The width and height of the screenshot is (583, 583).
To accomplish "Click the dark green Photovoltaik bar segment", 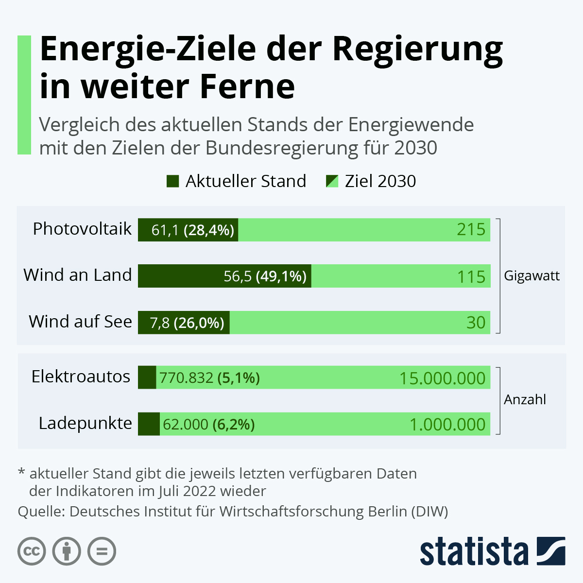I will (188, 230).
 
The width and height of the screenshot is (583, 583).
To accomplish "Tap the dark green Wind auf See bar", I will (184, 323).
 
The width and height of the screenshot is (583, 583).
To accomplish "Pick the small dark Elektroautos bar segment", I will (147, 377).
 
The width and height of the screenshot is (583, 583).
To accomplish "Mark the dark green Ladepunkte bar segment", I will (149, 424).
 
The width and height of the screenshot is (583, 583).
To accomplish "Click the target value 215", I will (471, 229).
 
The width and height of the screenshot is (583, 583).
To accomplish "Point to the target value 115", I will (471, 276).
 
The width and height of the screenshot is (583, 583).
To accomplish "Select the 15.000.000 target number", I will (442, 378).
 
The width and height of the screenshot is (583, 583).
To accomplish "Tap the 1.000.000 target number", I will (447, 424).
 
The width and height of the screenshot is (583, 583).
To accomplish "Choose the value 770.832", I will (186, 377).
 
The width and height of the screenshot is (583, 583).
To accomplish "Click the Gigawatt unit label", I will (532, 276).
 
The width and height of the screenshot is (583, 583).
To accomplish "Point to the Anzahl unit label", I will (525, 399).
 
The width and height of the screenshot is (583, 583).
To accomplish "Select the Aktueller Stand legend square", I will (172, 181).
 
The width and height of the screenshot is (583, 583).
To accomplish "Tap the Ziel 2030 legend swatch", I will (332, 181).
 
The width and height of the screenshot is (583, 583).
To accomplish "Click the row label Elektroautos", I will (81, 377).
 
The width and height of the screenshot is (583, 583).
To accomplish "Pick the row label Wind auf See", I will (80, 322).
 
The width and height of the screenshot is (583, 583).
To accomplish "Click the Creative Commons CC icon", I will (32, 551).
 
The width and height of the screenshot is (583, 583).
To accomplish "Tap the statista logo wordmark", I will (474, 551).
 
